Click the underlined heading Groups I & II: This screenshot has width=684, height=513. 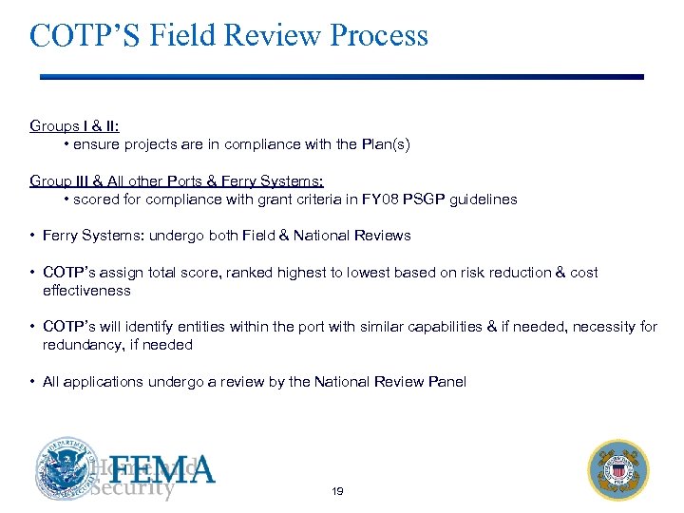74,125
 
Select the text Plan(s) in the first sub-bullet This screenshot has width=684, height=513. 387,144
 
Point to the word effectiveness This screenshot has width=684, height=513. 86,290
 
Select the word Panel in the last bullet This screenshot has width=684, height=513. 446,381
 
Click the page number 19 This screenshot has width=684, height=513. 337,491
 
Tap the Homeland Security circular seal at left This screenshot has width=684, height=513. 66,468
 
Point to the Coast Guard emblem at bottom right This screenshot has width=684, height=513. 618,468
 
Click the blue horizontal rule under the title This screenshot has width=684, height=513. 341,77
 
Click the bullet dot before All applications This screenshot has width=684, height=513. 32,381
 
